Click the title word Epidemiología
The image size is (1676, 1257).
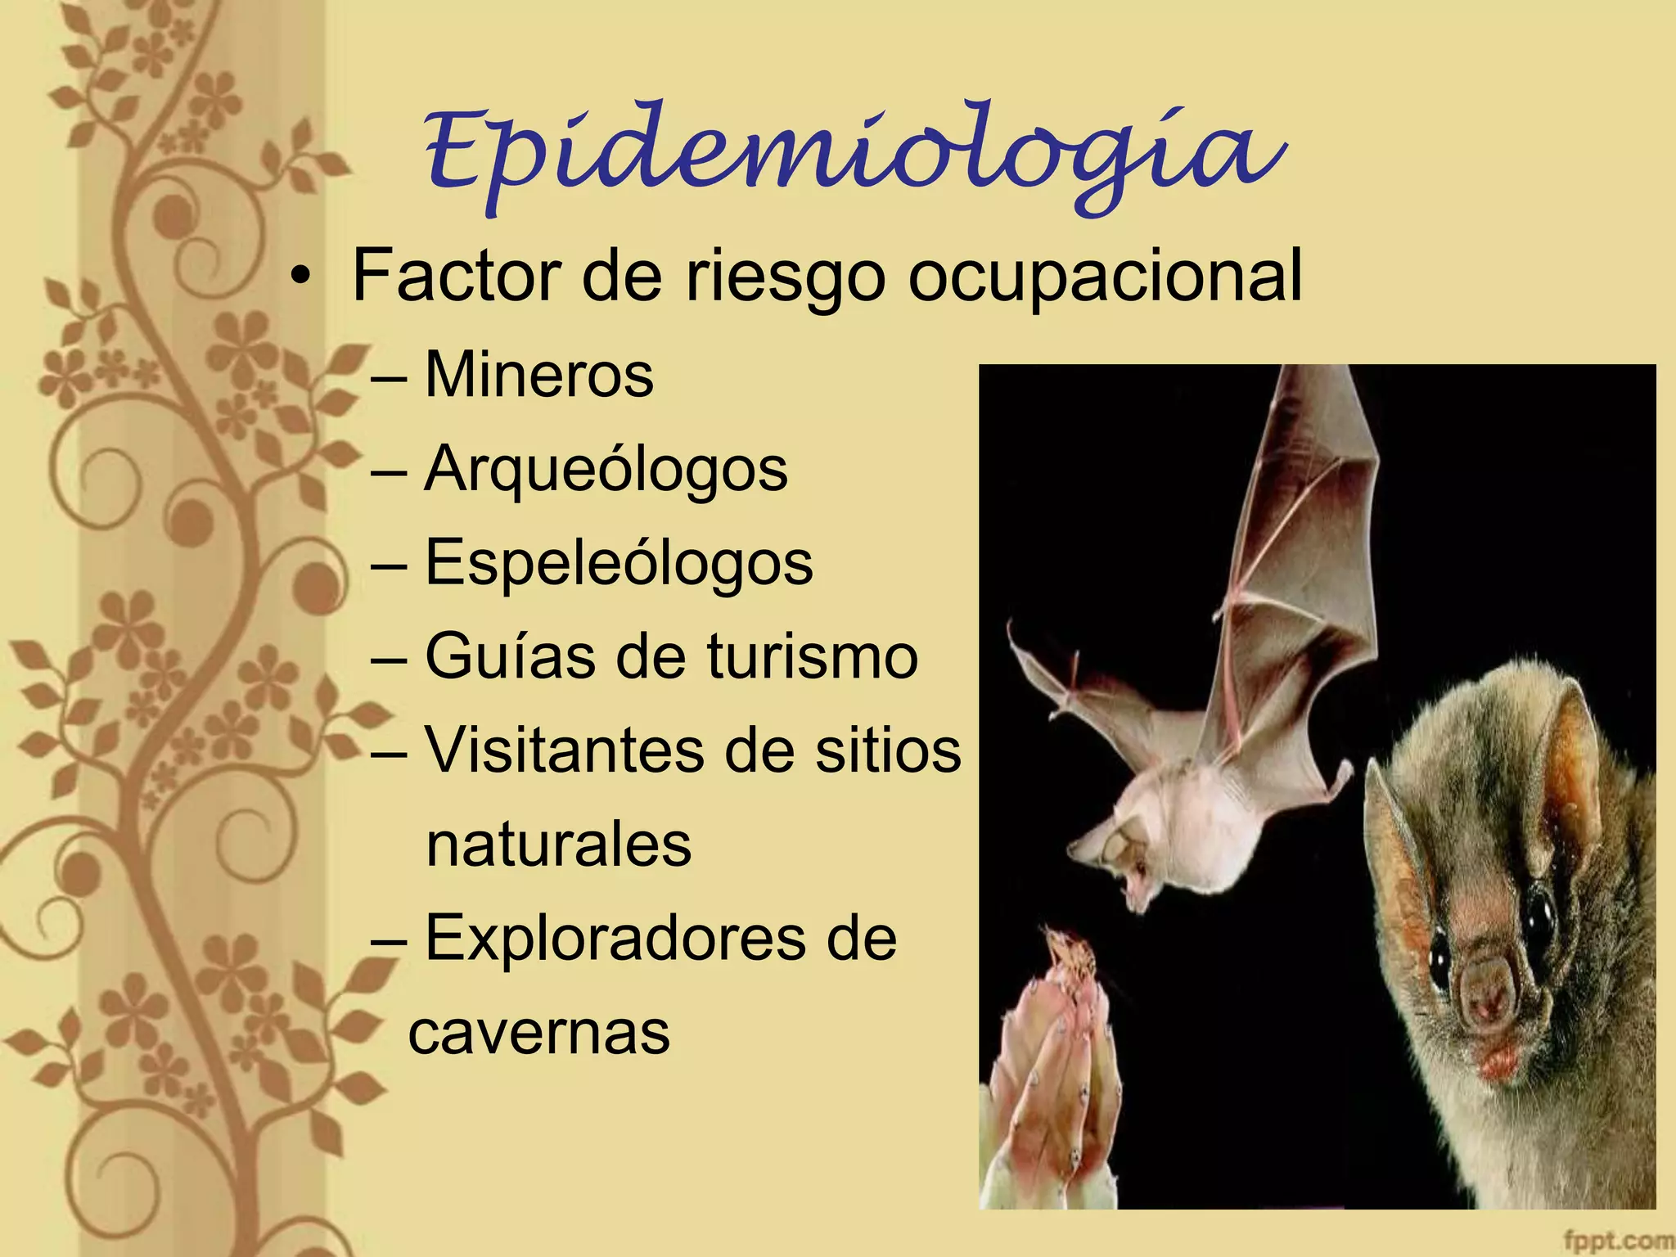click(x=851, y=155)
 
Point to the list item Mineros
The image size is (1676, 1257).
click(x=539, y=376)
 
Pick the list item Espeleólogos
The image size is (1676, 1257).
click(x=619, y=564)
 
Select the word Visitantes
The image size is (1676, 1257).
click(x=565, y=750)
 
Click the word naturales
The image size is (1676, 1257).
click(x=559, y=845)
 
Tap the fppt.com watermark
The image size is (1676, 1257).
click(x=1616, y=1241)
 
